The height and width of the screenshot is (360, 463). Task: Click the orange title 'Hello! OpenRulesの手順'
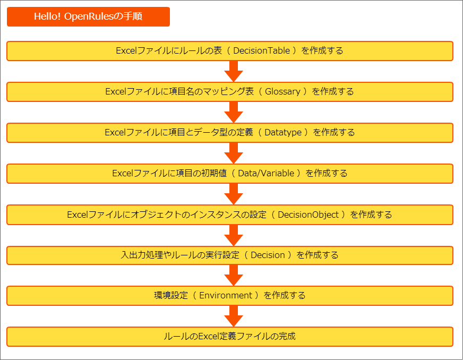pyautogui.click(x=88, y=16)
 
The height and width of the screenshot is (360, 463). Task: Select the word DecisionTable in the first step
pyautogui.click(x=261, y=51)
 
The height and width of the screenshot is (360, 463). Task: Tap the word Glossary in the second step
pyautogui.click(x=282, y=91)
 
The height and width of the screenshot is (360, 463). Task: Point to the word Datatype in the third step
pyautogui.click(x=283, y=132)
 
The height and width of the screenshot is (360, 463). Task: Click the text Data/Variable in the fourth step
pyautogui.click(x=266, y=173)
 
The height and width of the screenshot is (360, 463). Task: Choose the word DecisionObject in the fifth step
pyautogui.click(x=308, y=215)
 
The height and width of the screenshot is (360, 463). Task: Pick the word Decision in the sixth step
pyautogui.click(x=268, y=255)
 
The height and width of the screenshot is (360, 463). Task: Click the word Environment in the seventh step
pyautogui.click(x=226, y=295)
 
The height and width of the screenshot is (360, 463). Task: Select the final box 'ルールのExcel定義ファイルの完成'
pyautogui.click(x=230, y=337)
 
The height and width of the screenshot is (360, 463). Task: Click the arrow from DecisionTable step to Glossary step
pyautogui.click(x=234, y=71)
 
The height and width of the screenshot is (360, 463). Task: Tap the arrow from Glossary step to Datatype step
pyautogui.click(x=234, y=112)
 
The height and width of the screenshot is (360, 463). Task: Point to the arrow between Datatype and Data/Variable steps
pyautogui.click(x=234, y=153)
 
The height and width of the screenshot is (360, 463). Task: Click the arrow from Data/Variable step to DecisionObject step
pyautogui.click(x=234, y=194)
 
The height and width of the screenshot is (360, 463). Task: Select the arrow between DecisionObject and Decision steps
pyautogui.click(x=234, y=235)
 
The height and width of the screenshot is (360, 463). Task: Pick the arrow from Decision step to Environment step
pyautogui.click(x=234, y=275)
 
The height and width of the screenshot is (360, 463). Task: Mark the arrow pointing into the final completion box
pyautogui.click(x=234, y=316)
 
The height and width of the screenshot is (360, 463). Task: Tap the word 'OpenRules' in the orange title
pyautogui.click(x=89, y=16)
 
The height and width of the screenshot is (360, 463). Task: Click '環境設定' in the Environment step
pyautogui.click(x=171, y=295)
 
